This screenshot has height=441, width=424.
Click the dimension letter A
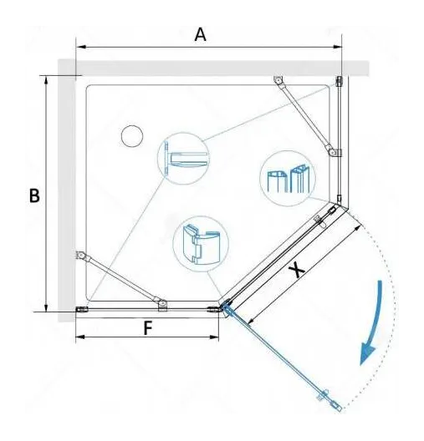click(x=200, y=35)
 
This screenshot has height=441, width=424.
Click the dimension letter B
click(x=34, y=195)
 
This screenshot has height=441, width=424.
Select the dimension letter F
click(x=148, y=328)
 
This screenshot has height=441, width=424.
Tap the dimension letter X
click(x=297, y=270)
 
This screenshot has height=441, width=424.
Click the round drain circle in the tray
click(x=132, y=136)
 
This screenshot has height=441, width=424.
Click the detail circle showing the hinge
click(x=201, y=244)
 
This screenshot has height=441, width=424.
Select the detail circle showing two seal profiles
click(x=288, y=178)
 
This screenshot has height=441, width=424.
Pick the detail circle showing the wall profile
click(x=183, y=159)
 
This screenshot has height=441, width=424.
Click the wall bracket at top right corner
click(x=339, y=81)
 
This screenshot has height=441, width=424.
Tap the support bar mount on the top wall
click(x=278, y=79)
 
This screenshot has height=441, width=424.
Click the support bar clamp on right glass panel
click(x=335, y=152)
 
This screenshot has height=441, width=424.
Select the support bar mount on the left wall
click(x=81, y=255)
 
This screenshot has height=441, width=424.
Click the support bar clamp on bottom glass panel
click(x=162, y=305)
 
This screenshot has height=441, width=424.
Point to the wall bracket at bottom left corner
click(x=82, y=309)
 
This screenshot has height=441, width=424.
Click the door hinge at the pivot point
click(x=226, y=306)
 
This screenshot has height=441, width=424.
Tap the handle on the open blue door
click(x=324, y=394)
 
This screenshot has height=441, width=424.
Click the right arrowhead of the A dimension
click(x=337, y=47)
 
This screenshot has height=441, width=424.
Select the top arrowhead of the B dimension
click(x=46, y=80)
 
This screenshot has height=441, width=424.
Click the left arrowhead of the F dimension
click(x=80, y=337)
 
